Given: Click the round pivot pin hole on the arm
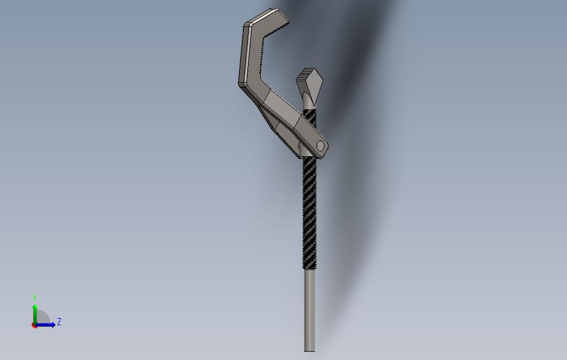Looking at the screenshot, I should tap(320, 146).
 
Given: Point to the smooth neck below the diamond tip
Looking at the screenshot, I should tap(309, 103).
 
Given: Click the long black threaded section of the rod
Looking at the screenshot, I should tap(310, 210).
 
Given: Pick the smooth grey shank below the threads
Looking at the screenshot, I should tap(310, 309).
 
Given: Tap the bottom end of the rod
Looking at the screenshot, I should tap(310, 350).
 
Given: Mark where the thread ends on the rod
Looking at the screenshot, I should tap(310, 269).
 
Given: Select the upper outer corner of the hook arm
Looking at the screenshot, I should tap(247, 25).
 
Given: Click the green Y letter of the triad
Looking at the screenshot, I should tap(35, 298).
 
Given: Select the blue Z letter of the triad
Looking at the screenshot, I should tap(59, 321).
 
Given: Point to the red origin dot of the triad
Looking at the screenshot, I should tap(35, 325).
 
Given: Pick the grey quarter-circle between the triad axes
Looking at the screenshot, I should tap(43, 317).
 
